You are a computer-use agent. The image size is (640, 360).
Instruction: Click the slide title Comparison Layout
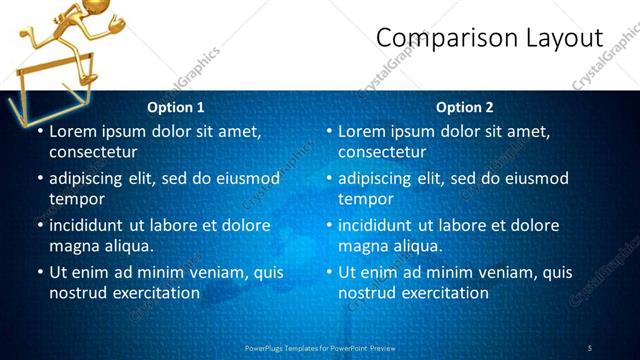click(x=489, y=39)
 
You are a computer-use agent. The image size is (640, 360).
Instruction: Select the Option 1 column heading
click(x=176, y=107)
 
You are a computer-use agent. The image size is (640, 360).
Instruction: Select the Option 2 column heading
click(x=465, y=107)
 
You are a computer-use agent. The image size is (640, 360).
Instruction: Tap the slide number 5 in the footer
click(x=590, y=347)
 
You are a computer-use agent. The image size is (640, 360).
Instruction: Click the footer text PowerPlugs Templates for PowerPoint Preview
click(x=320, y=347)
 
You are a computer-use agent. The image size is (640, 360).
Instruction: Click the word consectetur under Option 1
click(x=93, y=153)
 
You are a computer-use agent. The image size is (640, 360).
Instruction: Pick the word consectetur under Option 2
click(x=382, y=153)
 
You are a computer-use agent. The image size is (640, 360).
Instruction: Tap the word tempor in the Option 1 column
click(x=76, y=199)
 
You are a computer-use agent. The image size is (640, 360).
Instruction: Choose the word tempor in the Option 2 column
click(x=365, y=199)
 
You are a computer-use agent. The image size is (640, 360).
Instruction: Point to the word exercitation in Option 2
click(x=442, y=293)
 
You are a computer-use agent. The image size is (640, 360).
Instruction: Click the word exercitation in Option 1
click(x=153, y=293)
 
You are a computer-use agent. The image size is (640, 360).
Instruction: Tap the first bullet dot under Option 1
click(x=39, y=131)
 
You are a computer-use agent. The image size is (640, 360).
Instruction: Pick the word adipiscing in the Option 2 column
click(x=379, y=178)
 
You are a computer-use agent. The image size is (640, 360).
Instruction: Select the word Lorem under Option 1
click(x=72, y=131)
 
